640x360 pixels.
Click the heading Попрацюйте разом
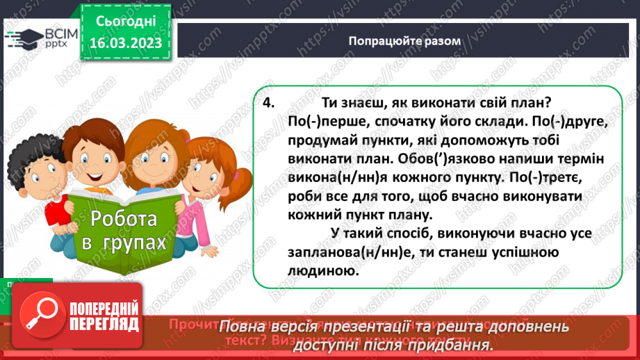click(404, 41)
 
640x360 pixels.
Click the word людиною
click(301, 274)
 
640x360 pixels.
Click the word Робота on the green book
click(123, 220)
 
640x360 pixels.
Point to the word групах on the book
click(132, 243)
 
